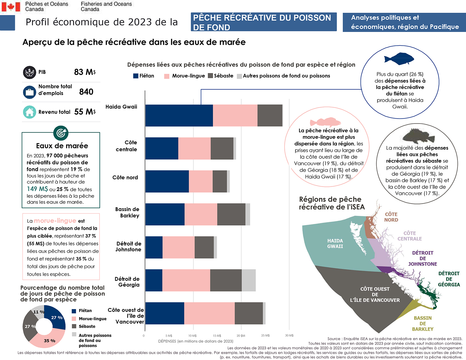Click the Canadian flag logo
click(11, 7)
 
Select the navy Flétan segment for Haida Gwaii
click(179, 116)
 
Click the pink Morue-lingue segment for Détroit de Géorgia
click(186, 280)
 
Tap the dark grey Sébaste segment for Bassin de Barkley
click(231, 214)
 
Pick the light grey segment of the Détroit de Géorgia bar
click(249, 280)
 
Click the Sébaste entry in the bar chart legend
click(221, 76)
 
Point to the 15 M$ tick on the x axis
click(217, 335)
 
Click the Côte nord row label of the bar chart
click(125, 177)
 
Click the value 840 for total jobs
click(86, 92)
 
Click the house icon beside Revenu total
click(30, 112)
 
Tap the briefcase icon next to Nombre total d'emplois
click(30, 92)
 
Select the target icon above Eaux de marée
click(61, 133)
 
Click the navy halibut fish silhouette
click(399, 58)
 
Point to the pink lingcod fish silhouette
click(325, 122)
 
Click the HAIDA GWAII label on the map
click(335, 244)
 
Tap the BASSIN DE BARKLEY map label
click(423, 323)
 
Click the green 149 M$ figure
click(37, 189)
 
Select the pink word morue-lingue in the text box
click(55, 221)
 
